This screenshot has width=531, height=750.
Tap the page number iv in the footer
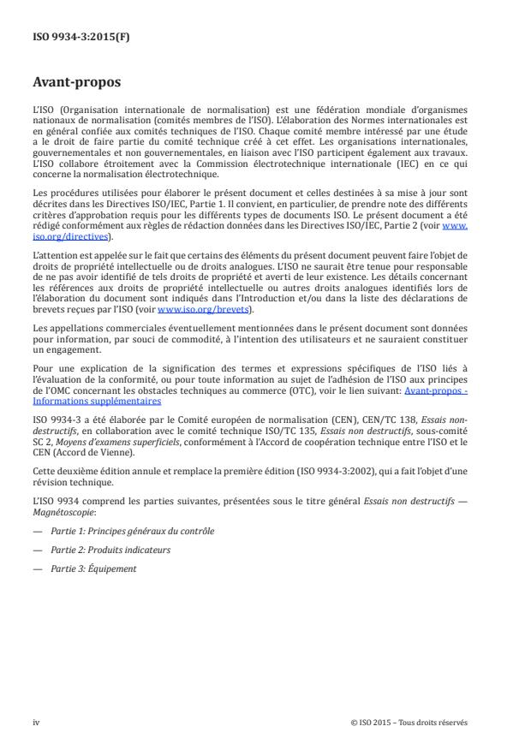point(37,722)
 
